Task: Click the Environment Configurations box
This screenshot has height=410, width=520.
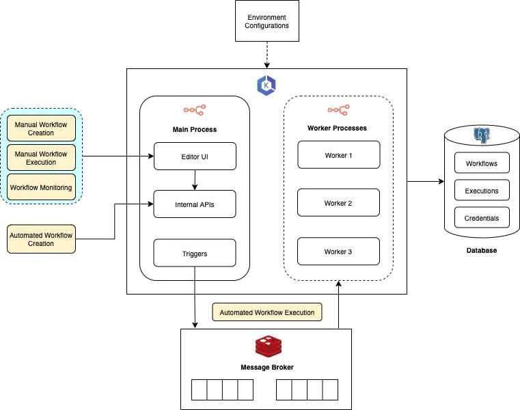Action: click(x=268, y=21)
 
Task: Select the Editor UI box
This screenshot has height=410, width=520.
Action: click(x=195, y=156)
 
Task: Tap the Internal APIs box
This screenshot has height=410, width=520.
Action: click(x=195, y=204)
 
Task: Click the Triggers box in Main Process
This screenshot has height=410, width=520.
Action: click(x=195, y=253)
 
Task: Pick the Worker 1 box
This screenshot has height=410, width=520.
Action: click(x=338, y=154)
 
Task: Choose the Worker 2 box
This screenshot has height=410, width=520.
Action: click(x=338, y=203)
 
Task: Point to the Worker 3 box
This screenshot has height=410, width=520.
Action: click(x=338, y=251)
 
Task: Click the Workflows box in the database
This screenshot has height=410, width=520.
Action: click(x=482, y=163)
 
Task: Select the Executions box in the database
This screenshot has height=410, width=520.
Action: click(x=482, y=191)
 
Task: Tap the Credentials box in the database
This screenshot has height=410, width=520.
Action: click(x=482, y=218)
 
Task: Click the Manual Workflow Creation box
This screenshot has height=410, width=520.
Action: click(x=41, y=128)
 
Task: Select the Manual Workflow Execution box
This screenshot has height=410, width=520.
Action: click(x=41, y=158)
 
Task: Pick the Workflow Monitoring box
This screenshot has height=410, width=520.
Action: click(x=41, y=187)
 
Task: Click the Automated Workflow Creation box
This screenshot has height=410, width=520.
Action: click(x=41, y=238)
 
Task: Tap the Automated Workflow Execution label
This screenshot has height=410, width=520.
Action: click(x=266, y=312)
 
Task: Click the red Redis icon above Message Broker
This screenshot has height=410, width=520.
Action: click(x=267, y=347)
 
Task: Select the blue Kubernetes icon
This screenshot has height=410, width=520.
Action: click(x=266, y=85)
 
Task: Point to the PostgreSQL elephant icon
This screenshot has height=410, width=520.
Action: click(x=482, y=135)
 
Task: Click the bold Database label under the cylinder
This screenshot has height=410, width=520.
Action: click(x=482, y=251)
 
